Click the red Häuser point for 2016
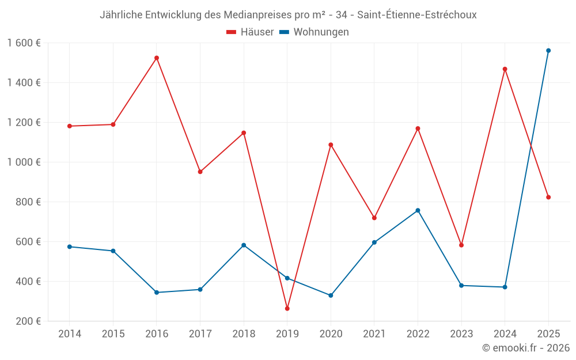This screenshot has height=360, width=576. pos(157,58)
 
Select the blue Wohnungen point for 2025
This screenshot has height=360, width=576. pos(548,51)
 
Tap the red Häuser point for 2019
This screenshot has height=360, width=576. pos(287,309)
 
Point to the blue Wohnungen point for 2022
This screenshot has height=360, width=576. pos(418,210)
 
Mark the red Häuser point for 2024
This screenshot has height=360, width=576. pos(505,69)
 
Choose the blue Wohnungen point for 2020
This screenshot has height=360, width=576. pos(331,295)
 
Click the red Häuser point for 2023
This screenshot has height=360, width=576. pos(461,245)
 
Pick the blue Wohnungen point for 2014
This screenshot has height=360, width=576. pos(70,247)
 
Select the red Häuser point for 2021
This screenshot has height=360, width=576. pos(374,218)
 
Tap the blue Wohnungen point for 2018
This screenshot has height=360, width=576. pos(244,245)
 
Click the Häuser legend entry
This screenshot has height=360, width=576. pos(250,32)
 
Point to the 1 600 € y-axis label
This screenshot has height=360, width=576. pos(24,43)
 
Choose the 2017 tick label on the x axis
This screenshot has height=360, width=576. pos(200,334)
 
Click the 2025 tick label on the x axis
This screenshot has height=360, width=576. pos(548,334)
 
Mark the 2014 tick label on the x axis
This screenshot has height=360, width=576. pos(70,334)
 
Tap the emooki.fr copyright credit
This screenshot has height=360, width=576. pos(526,348)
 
